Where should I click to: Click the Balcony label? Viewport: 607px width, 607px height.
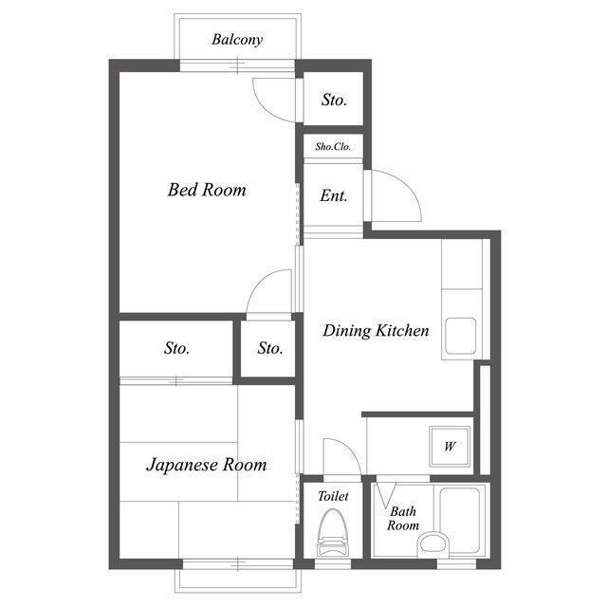click(237, 40)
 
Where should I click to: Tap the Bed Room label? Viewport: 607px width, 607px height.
click(207, 190)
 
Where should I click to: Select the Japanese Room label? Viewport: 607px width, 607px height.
click(207, 465)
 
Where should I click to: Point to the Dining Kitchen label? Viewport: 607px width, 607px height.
click(376, 331)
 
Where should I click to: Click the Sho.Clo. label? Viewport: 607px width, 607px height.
click(333, 147)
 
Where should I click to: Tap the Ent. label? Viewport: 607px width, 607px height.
click(333, 195)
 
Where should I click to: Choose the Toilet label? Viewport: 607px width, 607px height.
click(333, 496)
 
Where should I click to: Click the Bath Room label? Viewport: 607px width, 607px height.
click(403, 519)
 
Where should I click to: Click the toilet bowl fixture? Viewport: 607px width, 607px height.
click(333, 533)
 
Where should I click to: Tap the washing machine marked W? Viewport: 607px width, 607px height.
click(450, 447)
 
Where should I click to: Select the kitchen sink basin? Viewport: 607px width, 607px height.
click(460, 336)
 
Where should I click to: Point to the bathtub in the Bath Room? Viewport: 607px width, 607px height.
click(459, 520)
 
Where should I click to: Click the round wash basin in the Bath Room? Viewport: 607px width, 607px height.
click(433, 543)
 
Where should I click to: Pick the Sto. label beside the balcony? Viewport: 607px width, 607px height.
click(334, 100)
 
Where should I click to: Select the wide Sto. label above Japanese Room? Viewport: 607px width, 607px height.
click(176, 348)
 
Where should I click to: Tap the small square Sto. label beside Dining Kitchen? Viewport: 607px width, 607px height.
click(269, 348)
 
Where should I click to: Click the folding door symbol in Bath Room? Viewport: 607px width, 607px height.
click(386, 495)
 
